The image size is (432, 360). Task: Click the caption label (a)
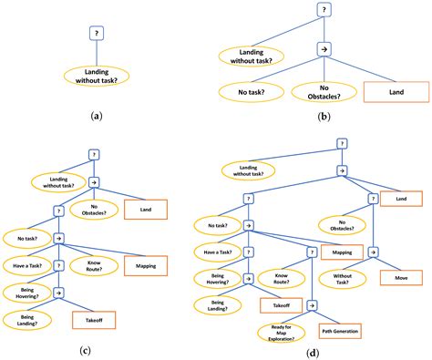tap(98, 118)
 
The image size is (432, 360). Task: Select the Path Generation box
tap(338, 331)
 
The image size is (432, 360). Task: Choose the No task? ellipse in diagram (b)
tap(250, 92)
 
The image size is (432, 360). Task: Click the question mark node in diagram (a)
tap(98, 33)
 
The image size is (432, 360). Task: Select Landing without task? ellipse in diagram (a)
tap(98, 75)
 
